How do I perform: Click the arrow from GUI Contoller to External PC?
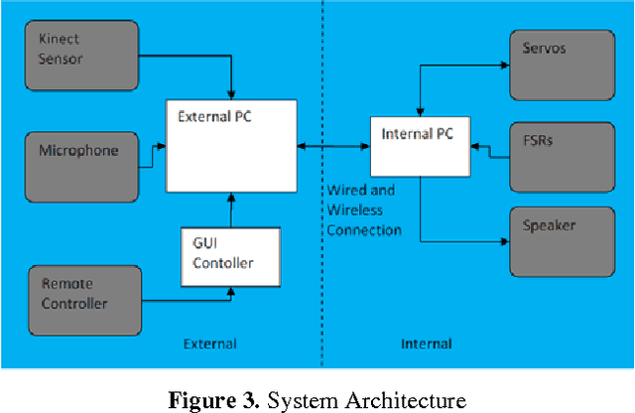click(230, 209)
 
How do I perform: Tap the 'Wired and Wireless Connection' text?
click(364, 209)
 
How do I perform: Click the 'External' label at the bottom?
click(209, 344)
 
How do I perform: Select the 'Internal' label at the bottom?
click(426, 344)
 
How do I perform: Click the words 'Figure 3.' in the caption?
click(212, 401)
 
